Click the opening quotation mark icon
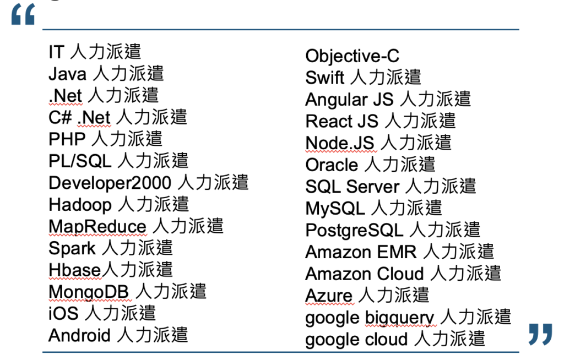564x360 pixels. (23, 14)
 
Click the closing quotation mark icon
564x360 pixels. (540, 334)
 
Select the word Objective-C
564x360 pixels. (352, 56)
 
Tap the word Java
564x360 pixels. (67, 74)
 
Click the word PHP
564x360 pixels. (67, 139)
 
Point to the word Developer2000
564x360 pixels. (110, 183)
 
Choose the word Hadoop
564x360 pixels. (80, 205)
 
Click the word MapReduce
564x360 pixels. (97, 227)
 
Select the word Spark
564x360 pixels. (72, 249)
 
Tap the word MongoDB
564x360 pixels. (89, 292)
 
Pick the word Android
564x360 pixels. (79, 336)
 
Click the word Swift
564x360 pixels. (324, 78)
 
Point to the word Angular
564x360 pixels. (337, 100)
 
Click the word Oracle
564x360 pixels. (332, 165)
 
